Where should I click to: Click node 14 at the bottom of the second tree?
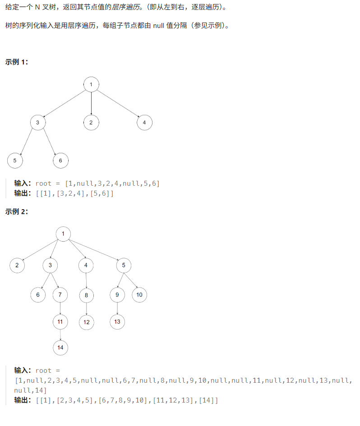point(60,348)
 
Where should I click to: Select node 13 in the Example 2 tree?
point(117,321)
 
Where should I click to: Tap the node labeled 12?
point(87,322)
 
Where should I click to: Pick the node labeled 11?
point(60,321)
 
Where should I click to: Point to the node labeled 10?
point(139,295)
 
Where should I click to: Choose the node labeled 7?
point(60,295)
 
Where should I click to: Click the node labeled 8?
point(87,295)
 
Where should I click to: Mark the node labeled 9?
point(117,295)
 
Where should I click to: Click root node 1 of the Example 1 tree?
point(91,84)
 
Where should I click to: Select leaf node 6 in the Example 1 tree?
point(60,160)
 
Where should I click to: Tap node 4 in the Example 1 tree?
point(144,122)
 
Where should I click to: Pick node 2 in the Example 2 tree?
point(17,265)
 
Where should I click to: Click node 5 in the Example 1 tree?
point(15,160)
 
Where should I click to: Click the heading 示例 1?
point(17,62)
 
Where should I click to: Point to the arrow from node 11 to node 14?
point(60,334)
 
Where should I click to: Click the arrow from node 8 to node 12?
point(87,308)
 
